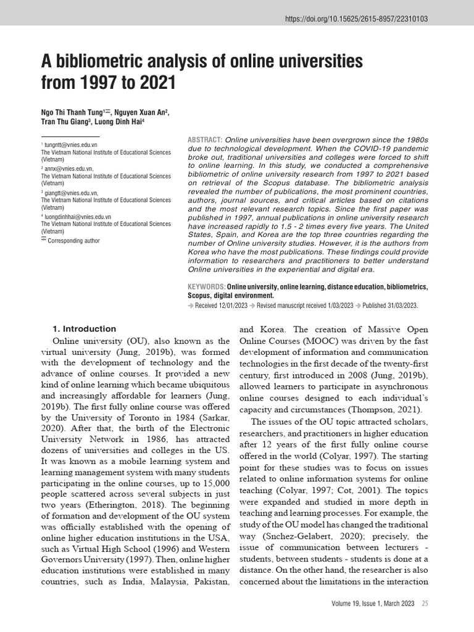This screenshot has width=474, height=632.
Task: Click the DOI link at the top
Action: pos(356,19)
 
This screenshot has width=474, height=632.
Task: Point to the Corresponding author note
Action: pos(73,241)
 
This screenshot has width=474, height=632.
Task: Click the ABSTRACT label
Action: pos(205,140)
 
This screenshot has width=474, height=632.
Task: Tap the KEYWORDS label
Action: pos(206,288)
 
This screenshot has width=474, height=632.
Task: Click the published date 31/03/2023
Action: pos(399,305)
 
